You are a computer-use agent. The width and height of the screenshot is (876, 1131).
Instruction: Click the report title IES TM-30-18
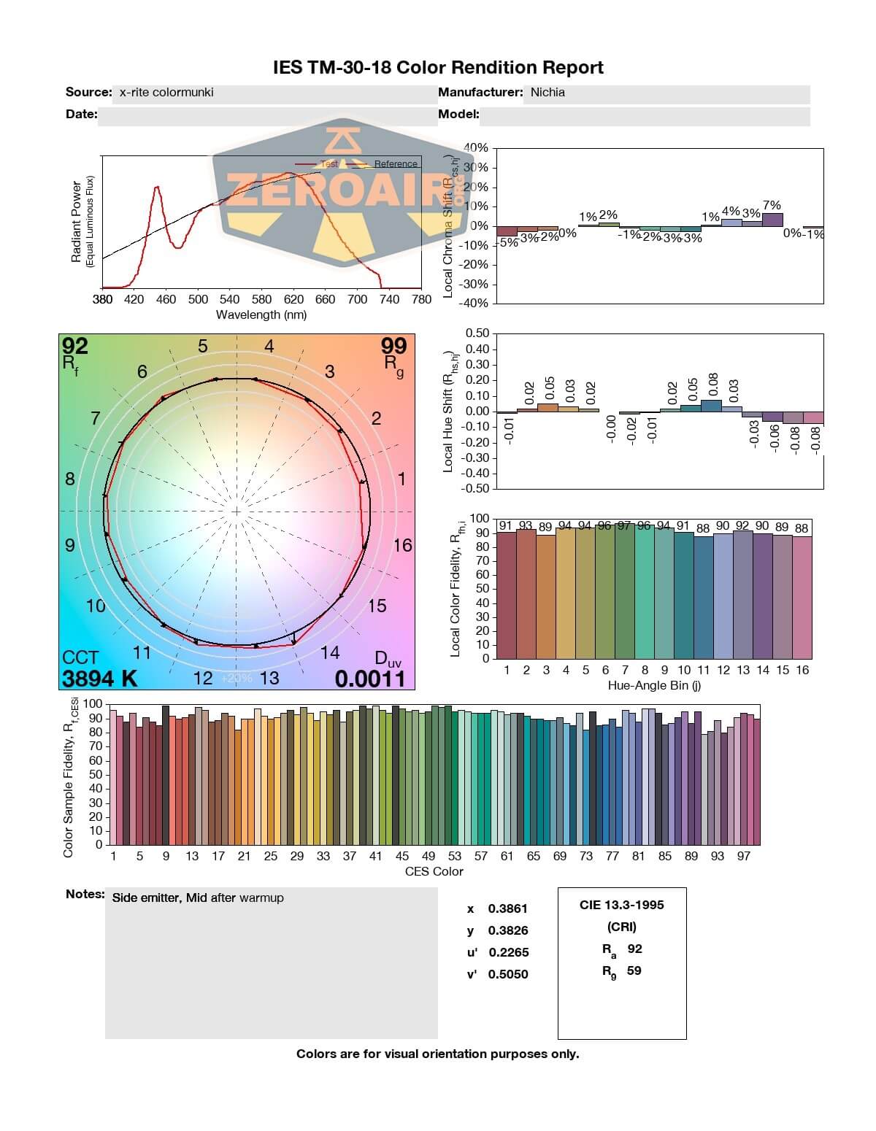[x=438, y=68]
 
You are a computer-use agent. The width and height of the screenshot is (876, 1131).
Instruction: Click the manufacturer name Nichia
[x=547, y=93]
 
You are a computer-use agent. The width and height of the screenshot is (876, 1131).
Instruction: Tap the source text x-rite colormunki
[x=166, y=93]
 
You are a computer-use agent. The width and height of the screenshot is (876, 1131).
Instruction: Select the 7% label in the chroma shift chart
[x=772, y=206]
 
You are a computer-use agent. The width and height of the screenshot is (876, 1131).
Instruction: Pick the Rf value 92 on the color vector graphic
[x=75, y=345]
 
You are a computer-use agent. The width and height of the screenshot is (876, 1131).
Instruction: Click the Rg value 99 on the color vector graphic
[x=394, y=345]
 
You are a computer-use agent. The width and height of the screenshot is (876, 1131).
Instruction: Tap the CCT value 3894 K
[x=99, y=679]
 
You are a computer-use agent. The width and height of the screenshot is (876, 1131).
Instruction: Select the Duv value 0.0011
[x=369, y=679]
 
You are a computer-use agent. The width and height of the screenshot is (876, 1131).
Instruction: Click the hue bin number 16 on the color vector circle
[x=402, y=545]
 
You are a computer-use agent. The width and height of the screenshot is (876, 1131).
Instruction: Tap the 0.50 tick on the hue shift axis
[x=477, y=333]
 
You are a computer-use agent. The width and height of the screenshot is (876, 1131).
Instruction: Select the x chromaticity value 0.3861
[x=508, y=908]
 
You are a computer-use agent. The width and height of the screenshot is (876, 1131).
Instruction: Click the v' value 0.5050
[x=508, y=974]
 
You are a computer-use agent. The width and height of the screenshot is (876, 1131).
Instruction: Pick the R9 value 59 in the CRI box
[x=634, y=970]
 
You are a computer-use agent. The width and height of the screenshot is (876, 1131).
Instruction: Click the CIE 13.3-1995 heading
[x=622, y=905]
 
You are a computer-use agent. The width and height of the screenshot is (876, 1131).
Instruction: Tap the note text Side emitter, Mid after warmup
[x=198, y=898]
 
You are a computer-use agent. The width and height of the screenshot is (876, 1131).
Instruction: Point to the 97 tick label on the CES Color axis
[x=743, y=856]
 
